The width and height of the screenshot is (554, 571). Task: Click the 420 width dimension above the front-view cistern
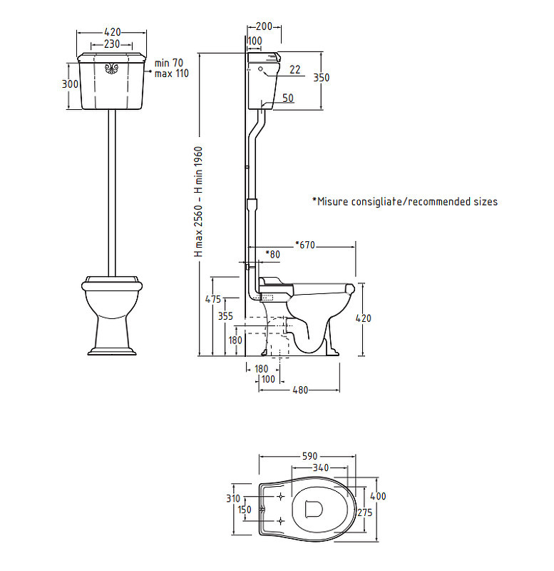[x=112, y=32]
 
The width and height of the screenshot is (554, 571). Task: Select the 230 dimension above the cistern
[x=112, y=44]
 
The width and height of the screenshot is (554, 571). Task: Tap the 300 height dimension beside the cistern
[x=70, y=84]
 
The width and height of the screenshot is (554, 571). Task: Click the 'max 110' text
[x=171, y=74]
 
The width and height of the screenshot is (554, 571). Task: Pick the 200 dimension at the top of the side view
[x=264, y=26]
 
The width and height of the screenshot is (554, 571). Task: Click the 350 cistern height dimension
[x=322, y=78]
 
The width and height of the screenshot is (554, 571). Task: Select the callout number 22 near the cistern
[x=295, y=69]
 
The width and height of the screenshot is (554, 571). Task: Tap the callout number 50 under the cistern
[x=288, y=98]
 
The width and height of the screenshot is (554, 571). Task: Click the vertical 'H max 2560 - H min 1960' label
[x=199, y=202]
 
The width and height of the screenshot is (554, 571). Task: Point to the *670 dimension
[x=305, y=245]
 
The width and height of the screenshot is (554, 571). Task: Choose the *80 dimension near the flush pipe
[x=273, y=254]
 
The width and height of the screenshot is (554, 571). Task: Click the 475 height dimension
[x=213, y=299]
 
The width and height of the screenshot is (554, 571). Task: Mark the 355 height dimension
[x=225, y=316]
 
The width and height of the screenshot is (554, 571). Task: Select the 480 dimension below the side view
[x=300, y=390]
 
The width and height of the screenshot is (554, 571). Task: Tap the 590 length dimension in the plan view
[x=310, y=456]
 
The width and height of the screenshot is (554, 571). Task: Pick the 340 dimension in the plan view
[x=321, y=468]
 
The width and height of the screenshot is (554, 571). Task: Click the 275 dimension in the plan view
[x=365, y=512]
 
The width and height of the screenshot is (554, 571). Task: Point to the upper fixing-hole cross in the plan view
[x=281, y=496]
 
